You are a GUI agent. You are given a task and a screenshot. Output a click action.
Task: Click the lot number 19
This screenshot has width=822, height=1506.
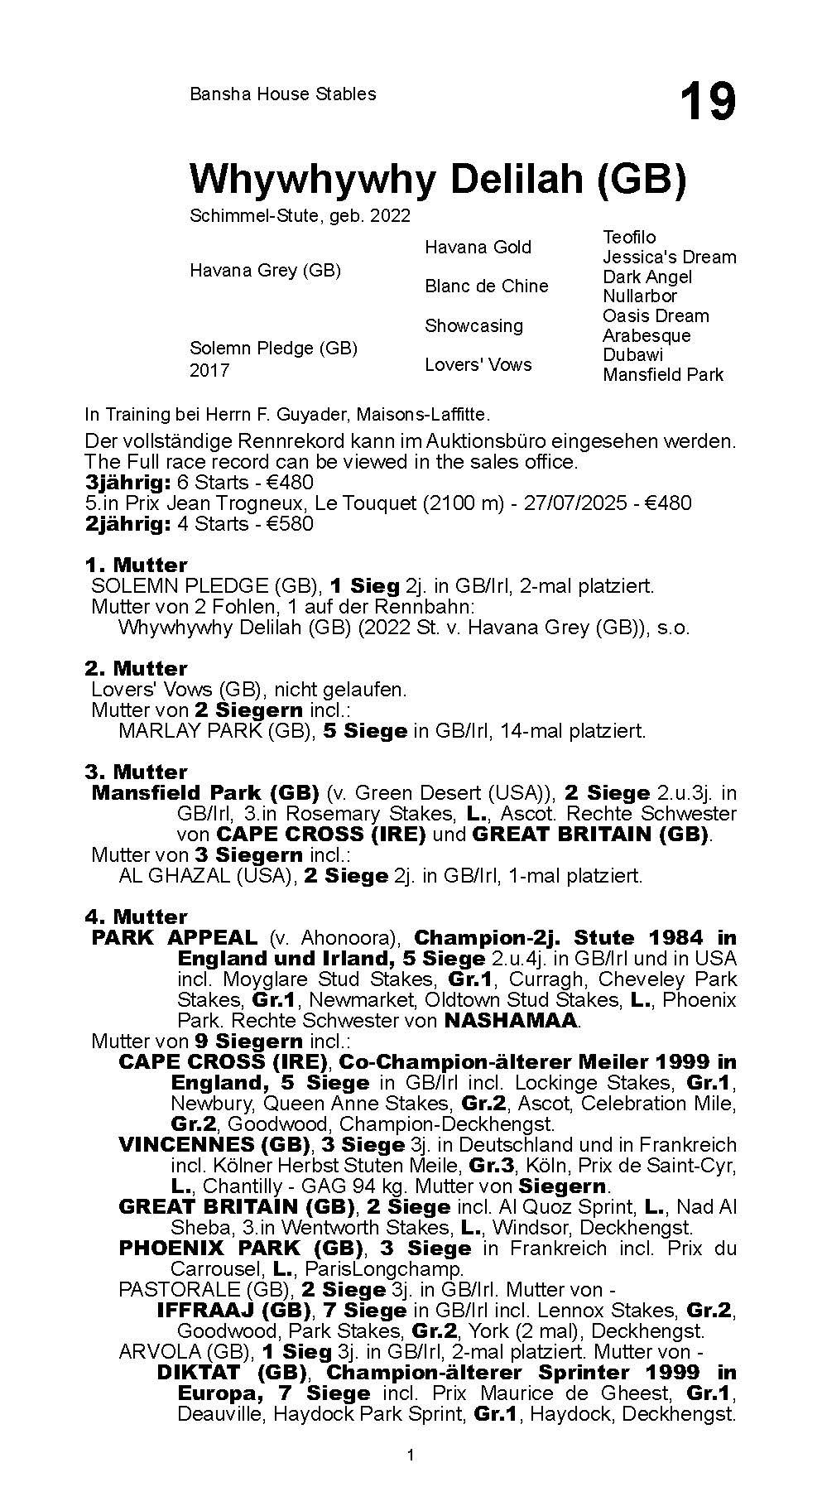click(x=708, y=103)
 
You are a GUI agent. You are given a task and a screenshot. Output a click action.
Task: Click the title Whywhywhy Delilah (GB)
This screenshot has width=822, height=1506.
click(x=437, y=179)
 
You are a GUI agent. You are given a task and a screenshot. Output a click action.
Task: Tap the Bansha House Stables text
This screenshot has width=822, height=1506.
click(x=282, y=94)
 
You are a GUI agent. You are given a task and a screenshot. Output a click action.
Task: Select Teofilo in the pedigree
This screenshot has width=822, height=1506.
click(x=629, y=238)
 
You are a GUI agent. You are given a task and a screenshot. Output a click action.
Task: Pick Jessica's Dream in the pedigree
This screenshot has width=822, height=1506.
click(x=669, y=257)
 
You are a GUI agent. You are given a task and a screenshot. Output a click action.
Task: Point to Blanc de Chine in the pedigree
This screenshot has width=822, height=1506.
click(x=486, y=286)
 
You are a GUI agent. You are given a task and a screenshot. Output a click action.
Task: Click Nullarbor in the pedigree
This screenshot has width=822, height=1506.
click(x=639, y=296)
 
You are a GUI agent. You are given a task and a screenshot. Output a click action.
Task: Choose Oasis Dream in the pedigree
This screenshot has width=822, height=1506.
click(x=656, y=316)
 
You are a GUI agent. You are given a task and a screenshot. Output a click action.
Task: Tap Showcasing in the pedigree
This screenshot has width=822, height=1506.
click(x=473, y=326)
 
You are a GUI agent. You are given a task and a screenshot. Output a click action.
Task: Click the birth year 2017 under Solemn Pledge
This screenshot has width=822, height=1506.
click(x=209, y=370)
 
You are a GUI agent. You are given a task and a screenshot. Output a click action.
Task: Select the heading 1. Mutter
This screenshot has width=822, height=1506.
click(x=136, y=565)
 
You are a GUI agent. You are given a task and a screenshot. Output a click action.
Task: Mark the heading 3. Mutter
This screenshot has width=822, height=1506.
click(x=136, y=772)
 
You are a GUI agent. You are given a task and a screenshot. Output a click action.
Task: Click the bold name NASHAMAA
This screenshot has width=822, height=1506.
click(x=510, y=1021)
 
